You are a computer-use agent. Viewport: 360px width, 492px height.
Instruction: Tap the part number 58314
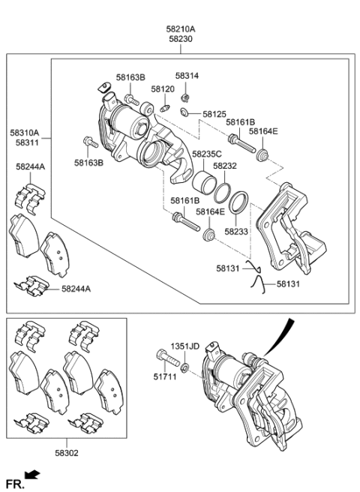coord(187,76)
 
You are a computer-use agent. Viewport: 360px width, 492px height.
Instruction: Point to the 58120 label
coord(162,88)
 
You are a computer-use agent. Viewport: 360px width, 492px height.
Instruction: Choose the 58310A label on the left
coord(24,132)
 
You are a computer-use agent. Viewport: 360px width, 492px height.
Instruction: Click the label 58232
coord(224,166)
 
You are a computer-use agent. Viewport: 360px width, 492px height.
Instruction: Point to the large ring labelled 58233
coord(239,203)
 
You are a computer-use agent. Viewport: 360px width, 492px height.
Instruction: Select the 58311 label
coord(24,142)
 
